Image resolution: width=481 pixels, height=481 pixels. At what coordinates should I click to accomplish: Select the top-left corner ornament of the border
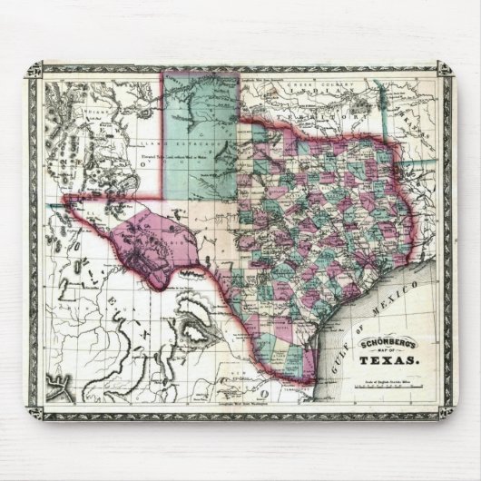(x=37, y=72)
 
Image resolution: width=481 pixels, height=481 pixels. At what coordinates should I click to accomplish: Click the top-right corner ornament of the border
(x=447, y=72)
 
